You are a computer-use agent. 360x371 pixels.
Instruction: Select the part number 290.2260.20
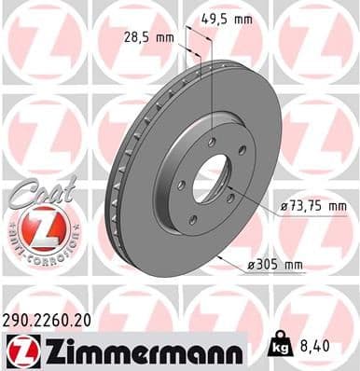pos(51,320)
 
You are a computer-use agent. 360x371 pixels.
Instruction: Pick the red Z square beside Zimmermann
pos(20,350)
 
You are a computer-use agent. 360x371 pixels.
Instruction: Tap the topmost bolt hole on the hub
pos(213,139)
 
